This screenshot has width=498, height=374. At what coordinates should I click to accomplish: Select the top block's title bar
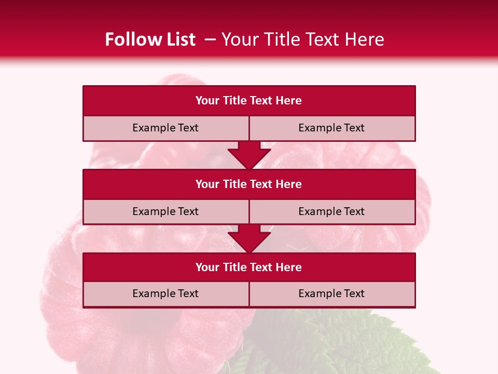(249, 101)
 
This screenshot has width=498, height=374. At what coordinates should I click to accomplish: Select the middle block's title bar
(249, 184)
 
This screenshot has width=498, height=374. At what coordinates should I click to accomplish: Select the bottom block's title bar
(249, 268)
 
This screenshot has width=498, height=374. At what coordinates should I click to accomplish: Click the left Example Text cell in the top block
(165, 128)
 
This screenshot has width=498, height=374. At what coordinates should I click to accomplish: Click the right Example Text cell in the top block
(332, 128)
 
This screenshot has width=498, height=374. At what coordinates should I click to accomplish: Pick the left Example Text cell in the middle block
(165, 212)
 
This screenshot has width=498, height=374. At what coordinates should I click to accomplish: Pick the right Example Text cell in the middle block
(332, 212)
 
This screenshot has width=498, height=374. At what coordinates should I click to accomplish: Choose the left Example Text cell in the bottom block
(165, 294)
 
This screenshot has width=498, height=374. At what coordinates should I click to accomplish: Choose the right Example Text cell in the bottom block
(332, 294)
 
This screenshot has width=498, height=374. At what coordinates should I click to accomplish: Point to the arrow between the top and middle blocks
(249, 155)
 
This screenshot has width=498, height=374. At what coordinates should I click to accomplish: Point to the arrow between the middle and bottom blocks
(249, 238)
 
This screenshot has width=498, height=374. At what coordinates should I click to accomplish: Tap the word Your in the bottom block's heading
(208, 268)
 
